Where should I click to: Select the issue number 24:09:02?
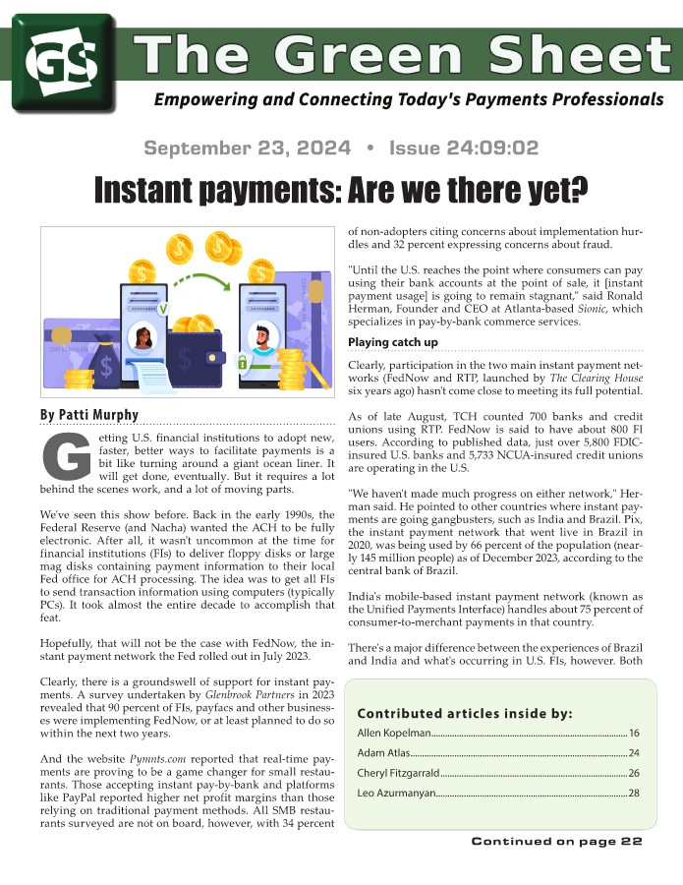[x=464, y=148]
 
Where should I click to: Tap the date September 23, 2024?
[x=247, y=148]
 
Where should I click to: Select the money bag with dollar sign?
[x=105, y=365]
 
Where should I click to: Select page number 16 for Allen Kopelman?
[x=634, y=734]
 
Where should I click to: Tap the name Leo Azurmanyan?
[x=395, y=793]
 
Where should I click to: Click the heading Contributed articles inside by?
[x=464, y=713]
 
